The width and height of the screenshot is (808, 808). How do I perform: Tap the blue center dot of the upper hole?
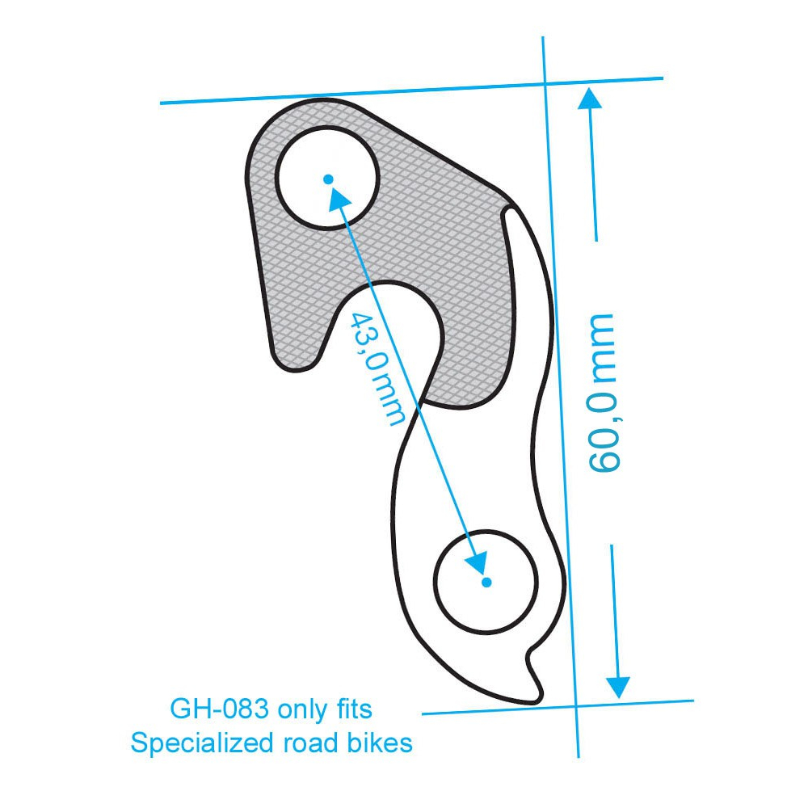click(x=327, y=179)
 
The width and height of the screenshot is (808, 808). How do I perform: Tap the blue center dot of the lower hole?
click(x=486, y=582)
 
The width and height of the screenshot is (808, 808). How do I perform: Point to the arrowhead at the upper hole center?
click(x=335, y=191)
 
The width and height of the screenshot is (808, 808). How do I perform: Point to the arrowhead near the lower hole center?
click(x=478, y=563)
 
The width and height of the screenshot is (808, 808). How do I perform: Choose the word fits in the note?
click(x=351, y=709)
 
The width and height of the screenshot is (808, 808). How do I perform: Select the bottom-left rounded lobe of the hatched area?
click(x=295, y=356)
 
